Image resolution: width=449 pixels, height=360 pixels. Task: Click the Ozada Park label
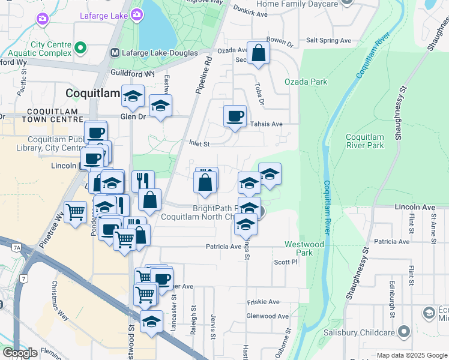(x=306, y=82)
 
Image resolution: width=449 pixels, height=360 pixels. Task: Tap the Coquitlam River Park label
(x=364, y=141)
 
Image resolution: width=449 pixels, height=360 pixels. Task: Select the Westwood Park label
(x=304, y=248)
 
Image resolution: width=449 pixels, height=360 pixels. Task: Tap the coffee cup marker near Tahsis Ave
(x=235, y=115)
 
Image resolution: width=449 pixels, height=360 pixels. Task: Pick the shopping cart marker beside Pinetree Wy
(x=75, y=212)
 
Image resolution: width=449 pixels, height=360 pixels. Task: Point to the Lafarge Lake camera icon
(x=137, y=14)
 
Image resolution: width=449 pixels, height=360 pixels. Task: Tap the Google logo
(x=20, y=353)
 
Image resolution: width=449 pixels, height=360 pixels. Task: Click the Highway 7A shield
(x=17, y=247)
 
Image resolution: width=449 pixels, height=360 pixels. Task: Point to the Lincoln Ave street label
(x=415, y=207)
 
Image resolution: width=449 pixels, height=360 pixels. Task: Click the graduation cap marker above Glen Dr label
(x=133, y=95)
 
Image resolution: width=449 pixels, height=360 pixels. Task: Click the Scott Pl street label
(x=286, y=262)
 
